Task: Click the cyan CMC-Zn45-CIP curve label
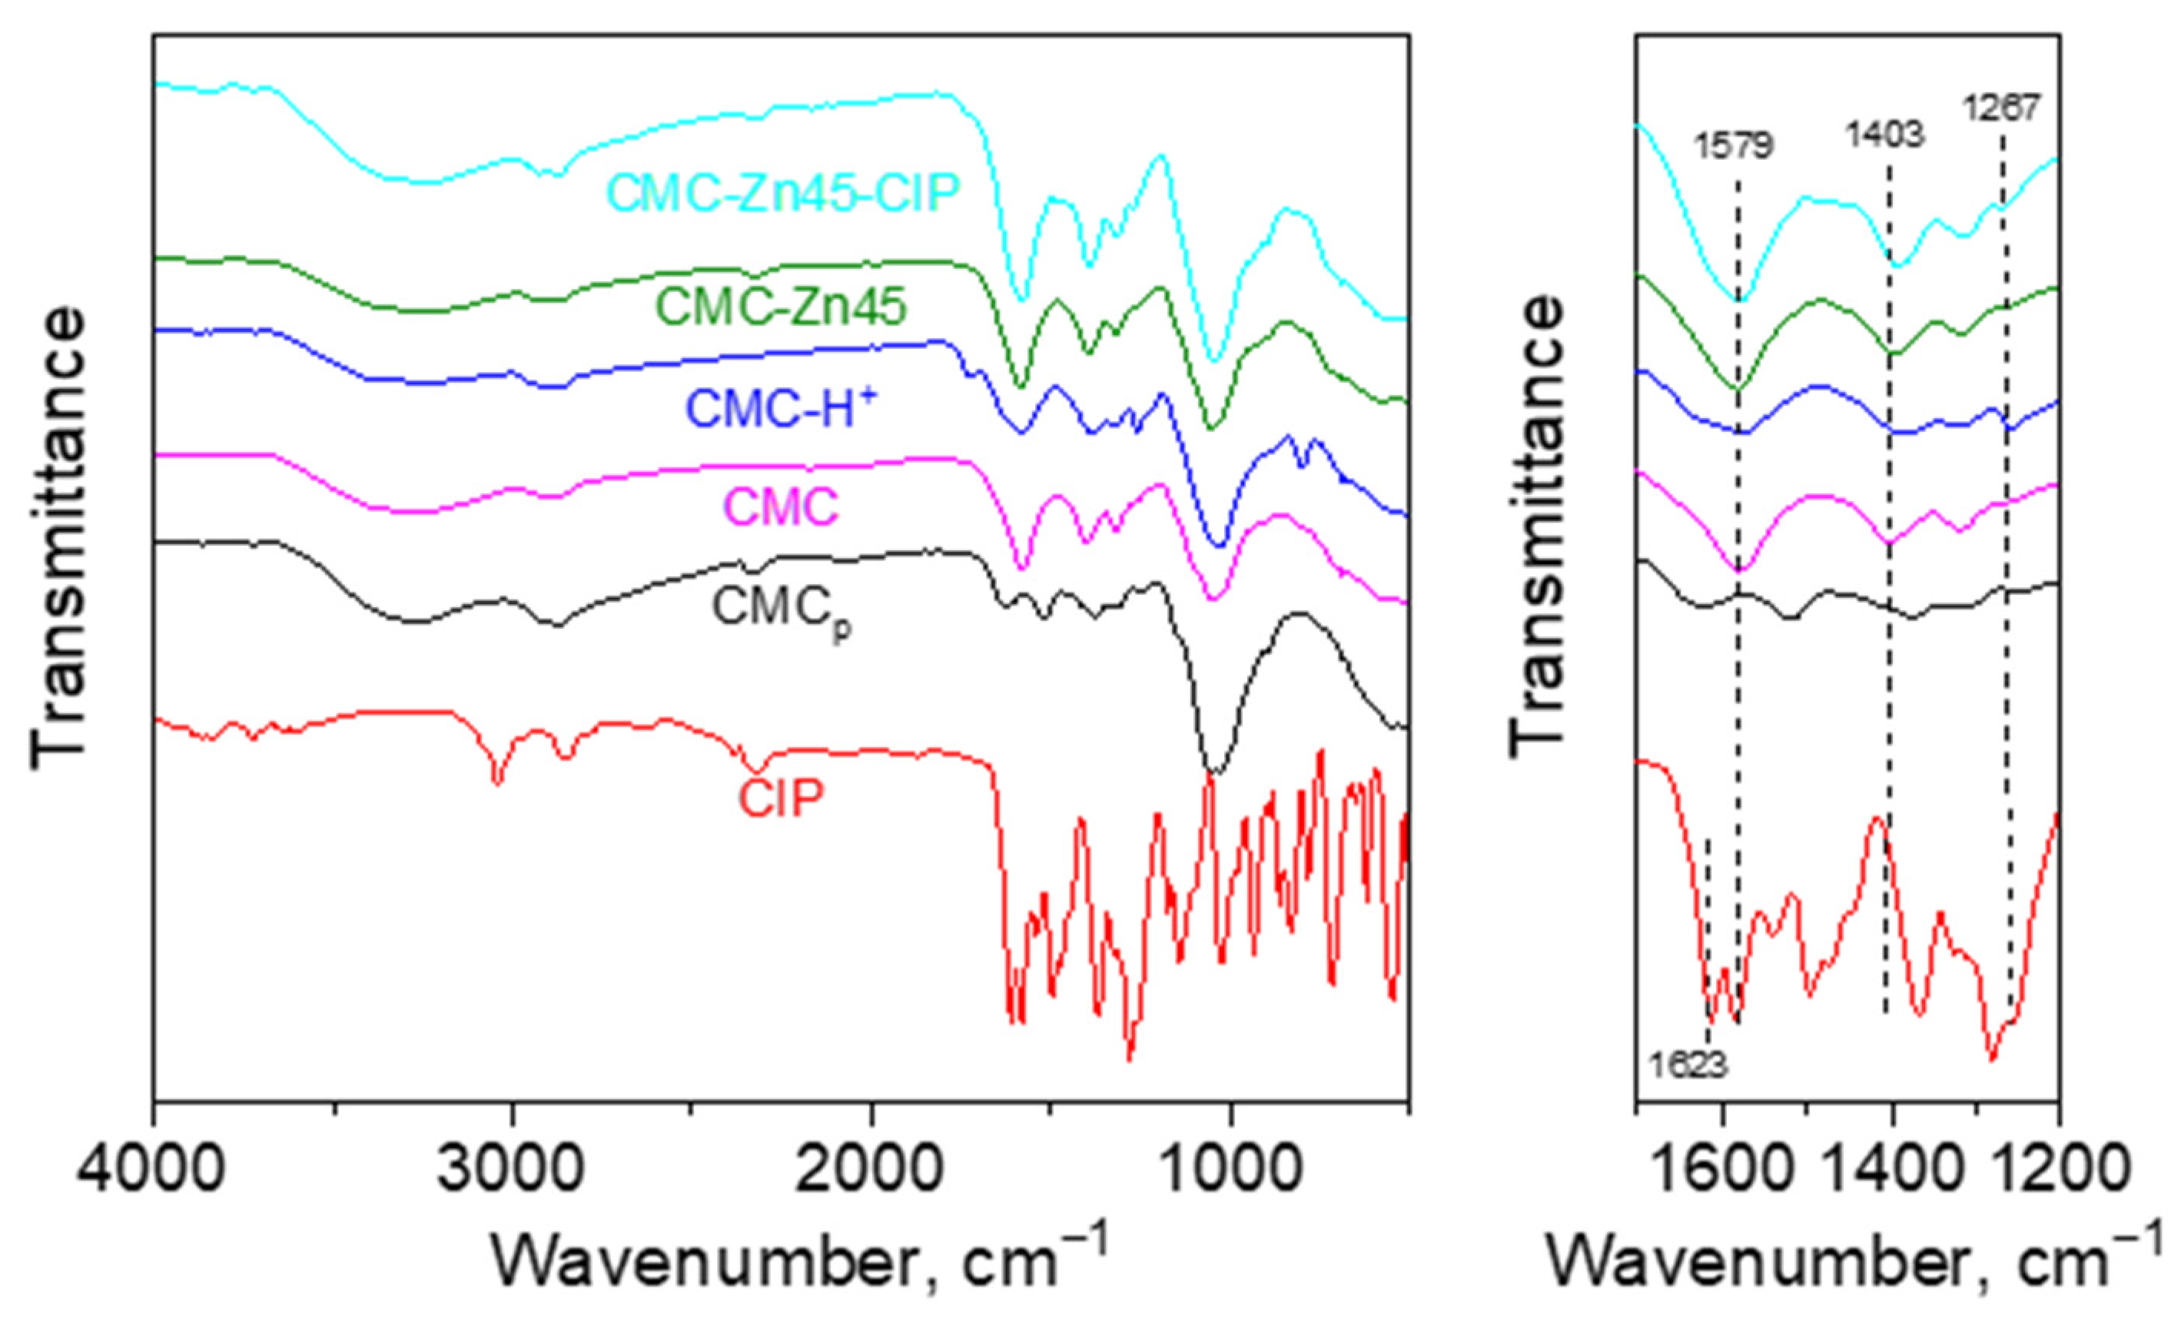pyautogui.click(x=783, y=192)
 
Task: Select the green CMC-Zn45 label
pyautogui.click(x=781, y=308)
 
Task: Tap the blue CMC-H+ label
pyautogui.click(x=782, y=410)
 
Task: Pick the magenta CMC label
pyautogui.click(x=781, y=507)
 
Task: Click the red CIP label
pyautogui.click(x=781, y=798)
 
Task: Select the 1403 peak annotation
pyautogui.click(x=1885, y=134)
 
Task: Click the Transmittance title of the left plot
pyautogui.click(x=59, y=540)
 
